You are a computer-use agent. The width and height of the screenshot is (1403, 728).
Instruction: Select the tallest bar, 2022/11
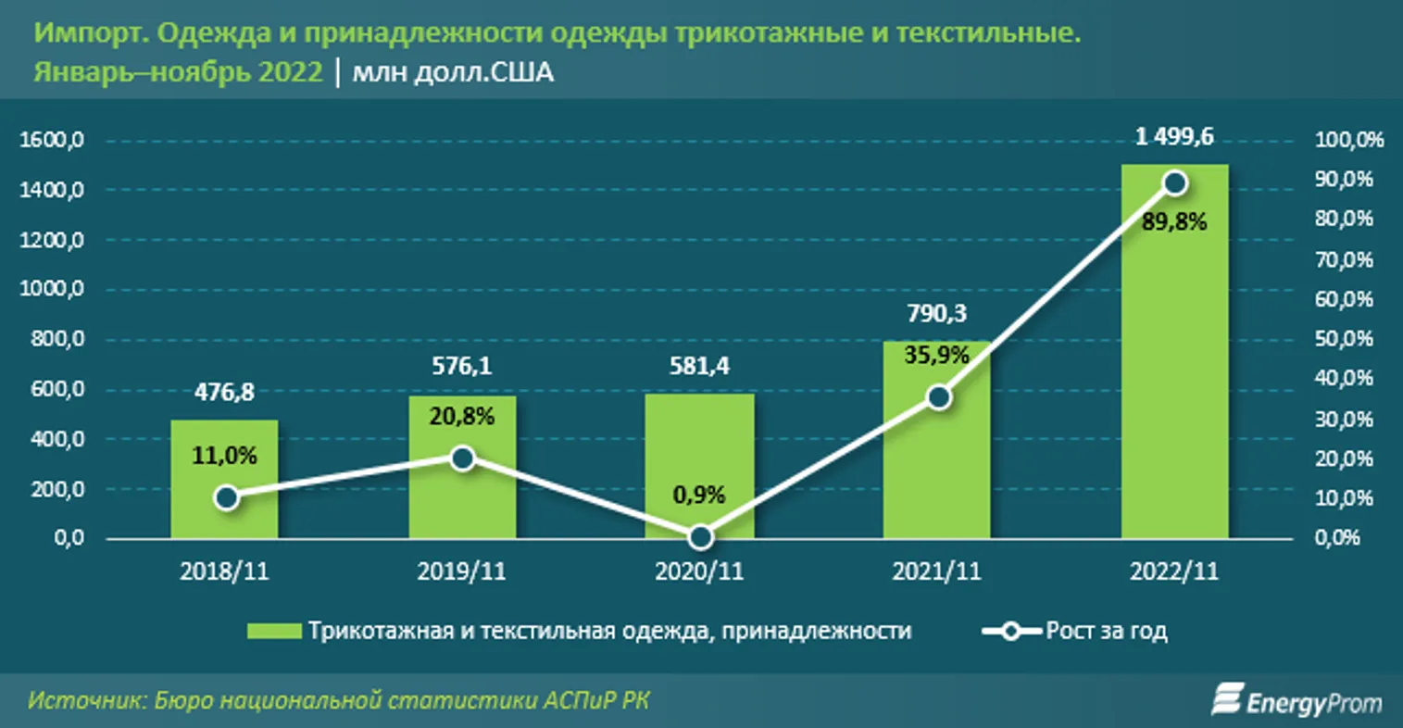click(1174, 370)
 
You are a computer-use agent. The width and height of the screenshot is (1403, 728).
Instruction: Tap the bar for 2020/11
click(700, 445)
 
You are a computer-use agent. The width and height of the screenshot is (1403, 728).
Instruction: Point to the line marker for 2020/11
click(701, 536)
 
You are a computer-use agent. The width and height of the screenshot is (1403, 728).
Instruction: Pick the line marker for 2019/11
click(463, 458)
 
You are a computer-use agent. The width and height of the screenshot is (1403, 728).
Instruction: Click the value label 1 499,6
click(1174, 137)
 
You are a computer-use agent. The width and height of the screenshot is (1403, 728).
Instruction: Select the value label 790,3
click(936, 314)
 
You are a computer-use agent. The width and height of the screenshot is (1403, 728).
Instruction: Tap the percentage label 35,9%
click(936, 355)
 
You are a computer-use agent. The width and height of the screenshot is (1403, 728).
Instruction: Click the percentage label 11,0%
click(224, 456)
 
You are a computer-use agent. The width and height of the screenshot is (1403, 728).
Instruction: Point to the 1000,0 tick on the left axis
click(51, 289)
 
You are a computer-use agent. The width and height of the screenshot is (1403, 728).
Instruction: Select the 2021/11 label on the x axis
click(936, 571)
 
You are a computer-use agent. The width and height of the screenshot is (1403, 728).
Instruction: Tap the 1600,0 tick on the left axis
click(51, 141)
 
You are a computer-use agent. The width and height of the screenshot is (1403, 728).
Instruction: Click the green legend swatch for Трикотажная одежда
click(273, 632)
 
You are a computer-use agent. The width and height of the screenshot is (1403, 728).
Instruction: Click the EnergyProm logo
click(1297, 701)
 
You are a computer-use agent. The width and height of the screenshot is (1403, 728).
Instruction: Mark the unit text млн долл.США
click(453, 72)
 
